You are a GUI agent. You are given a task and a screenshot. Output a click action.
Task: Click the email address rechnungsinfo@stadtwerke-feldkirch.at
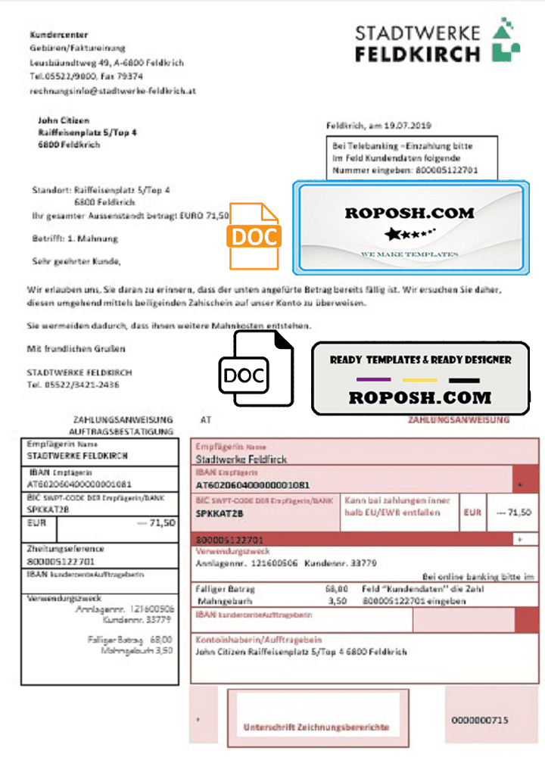click(114, 91)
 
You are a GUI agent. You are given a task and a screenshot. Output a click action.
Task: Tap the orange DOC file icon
click(254, 236)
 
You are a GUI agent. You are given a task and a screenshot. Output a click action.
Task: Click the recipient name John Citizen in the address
click(64, 120)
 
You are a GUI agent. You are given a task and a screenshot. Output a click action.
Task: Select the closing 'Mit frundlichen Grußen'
click(76, 349)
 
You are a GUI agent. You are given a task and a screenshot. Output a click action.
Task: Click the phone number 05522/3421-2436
click(84, 385)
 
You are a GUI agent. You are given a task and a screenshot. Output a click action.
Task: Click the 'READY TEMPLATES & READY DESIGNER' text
click(420, 360)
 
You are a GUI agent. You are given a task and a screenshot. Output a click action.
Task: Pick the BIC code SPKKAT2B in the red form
click(220, 514)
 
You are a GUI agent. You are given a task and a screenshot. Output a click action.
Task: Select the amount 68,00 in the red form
click(336, 588)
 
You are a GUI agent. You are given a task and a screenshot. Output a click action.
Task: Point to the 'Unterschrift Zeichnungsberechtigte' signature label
click(316, 727)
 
